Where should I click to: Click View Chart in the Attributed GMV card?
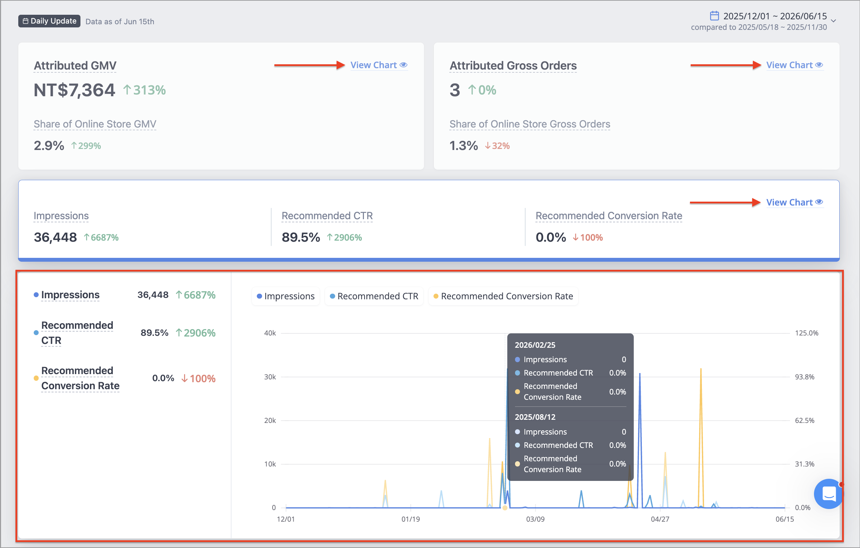(379, 65)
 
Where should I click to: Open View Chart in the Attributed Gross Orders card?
(795, 65)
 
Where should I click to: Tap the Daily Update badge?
(49, 21)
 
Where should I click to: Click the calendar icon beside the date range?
(714, 16)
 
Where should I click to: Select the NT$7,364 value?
(74, 90)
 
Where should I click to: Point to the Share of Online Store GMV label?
(95, 124)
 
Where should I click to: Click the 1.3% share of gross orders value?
(464, 146)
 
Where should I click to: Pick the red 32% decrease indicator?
(497, 146)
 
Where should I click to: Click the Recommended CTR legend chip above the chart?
(374, 296)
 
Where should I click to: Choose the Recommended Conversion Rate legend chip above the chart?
(503, 296)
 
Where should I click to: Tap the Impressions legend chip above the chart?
(286, 296)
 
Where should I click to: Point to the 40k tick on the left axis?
(270, 333)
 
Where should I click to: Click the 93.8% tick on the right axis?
(804, 377)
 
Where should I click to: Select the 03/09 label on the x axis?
(535, 519)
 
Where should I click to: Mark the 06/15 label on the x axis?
(784, 519)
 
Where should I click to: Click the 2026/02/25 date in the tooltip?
(535, 345)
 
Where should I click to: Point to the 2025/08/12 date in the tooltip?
(535, 417)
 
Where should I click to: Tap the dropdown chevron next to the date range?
(834, 21)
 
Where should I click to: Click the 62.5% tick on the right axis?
(804, 420)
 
